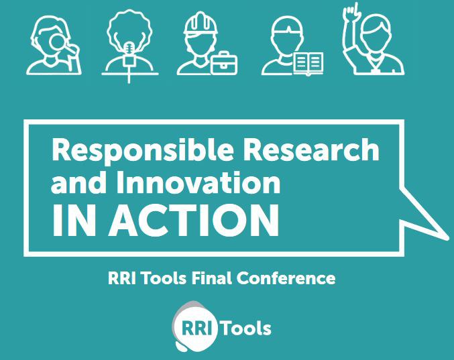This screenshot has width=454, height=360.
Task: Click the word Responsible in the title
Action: (142, 150)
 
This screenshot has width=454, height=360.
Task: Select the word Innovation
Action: (198, 182)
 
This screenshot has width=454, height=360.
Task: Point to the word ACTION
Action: (193, 221)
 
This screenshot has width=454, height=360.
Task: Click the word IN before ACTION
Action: (74, 221)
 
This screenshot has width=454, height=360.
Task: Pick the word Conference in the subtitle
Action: (286, 278)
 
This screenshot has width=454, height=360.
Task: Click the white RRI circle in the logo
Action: (195, 328)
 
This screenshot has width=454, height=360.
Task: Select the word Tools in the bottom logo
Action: (246, 328)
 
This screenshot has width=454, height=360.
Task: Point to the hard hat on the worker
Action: (201, 24)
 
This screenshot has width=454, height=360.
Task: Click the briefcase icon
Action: (224, 63)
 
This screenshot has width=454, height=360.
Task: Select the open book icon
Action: (308, 64)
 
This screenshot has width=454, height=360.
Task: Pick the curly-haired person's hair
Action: (129, 27)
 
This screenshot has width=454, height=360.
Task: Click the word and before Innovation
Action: (78, 182)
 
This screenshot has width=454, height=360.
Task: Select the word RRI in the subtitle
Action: (121, 278)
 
